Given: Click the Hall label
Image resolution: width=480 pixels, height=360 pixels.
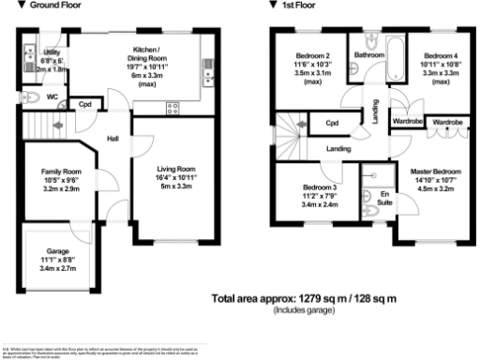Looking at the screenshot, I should (112, 139).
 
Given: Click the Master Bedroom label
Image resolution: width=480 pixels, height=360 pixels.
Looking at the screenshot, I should (436, 171).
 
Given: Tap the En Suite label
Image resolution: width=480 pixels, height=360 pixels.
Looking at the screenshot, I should (383, 197).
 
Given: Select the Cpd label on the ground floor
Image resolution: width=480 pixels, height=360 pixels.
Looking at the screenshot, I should (84, 105).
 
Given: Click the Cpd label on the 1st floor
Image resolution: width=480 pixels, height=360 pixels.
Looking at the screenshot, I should (331, 123).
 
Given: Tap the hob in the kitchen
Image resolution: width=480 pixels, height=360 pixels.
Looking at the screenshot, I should (172, 107).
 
